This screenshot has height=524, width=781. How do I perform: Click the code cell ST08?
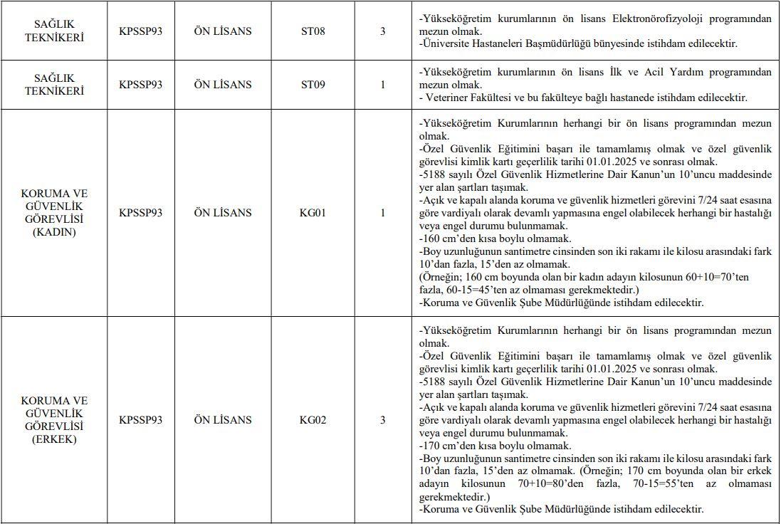point(313,31)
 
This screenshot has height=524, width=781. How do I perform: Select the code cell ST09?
point(313,84)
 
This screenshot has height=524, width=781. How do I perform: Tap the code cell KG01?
point(313,212)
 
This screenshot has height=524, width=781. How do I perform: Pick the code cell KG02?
point(313,420)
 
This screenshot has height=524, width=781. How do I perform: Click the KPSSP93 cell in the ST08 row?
point(140,31)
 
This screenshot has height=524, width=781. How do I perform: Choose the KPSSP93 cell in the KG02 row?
point(140,420)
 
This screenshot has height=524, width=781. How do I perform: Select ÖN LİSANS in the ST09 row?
point(223,84)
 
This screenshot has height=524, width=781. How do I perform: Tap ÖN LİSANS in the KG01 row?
point(223,212)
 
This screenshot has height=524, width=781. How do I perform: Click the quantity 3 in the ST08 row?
point(383,31)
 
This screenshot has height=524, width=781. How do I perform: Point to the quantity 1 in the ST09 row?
point(383,84)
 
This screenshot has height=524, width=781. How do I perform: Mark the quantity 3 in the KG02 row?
point(383,420)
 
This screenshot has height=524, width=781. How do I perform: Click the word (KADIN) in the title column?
point(54,232)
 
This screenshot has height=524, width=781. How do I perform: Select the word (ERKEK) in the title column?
point(54,439)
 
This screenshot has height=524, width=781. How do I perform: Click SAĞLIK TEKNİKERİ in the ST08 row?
point(54,31)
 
